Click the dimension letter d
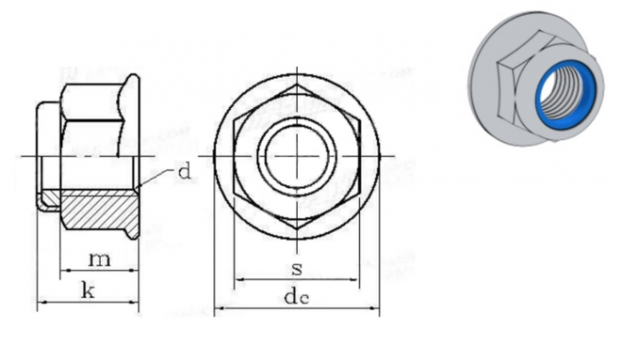(184, 171)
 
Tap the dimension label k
(88, 291)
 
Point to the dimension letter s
(297, 267)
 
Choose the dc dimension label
(296, 297)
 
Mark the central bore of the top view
(296, 157)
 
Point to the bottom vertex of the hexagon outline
(296, 228)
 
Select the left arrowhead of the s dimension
(239, 278)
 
